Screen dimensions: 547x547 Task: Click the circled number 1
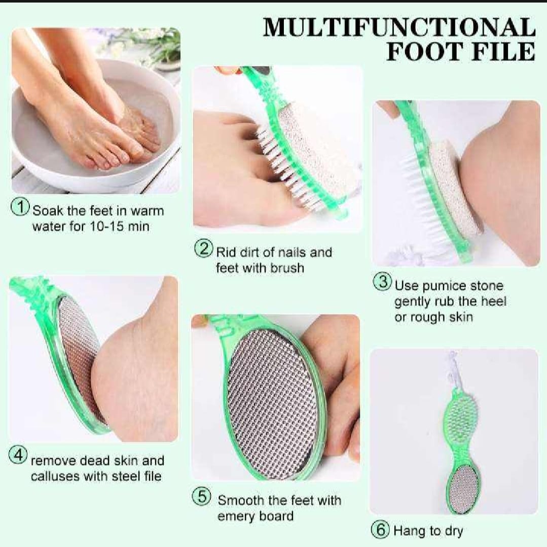(x=21, y=208)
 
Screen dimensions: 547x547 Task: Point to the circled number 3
(x=383, y=282)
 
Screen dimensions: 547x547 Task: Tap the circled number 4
(x=18, y=456)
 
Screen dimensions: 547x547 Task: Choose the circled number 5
(x=202, y=497)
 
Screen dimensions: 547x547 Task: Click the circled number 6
(x=380, y=530)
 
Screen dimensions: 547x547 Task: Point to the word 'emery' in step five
(x=236, y=516)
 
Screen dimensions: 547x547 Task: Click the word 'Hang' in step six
(x=410, y=531)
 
